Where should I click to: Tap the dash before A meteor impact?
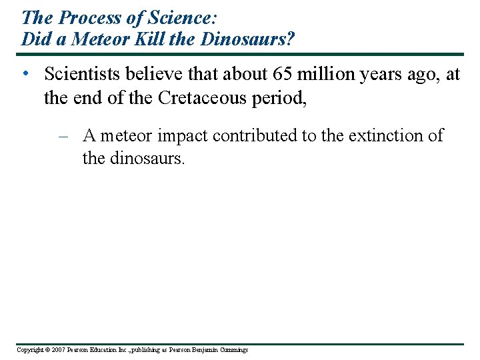click(x=64, y=136)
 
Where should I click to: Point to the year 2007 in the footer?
click(x=57, y=350)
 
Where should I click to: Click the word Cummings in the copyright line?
click(x=233, y=350)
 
